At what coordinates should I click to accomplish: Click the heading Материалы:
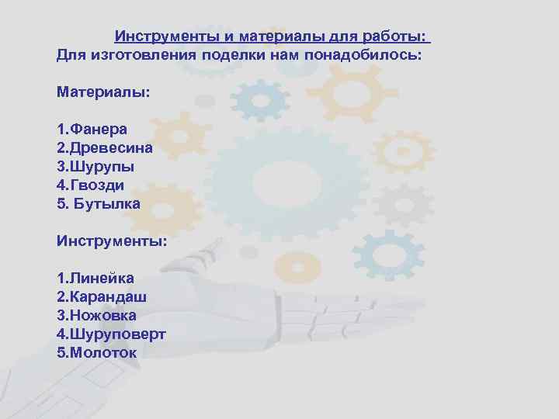(x=103, y=92)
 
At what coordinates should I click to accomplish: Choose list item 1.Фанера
(x=92, y=129)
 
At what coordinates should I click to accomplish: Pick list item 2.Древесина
(x=104, y=147)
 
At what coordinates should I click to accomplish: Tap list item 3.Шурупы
(x=95, y=166)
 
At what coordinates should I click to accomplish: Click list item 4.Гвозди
(x=90, y=185)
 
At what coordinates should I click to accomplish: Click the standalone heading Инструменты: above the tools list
(x=111, y=241)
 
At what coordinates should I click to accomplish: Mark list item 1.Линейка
(x=95, y=278)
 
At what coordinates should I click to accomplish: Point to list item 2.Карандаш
(x=102, y=296)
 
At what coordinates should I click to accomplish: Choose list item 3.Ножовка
(x=96, y=315)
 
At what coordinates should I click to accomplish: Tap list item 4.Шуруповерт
(x=111, y=334)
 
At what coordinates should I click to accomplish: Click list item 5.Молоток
(x=96, y=352)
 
